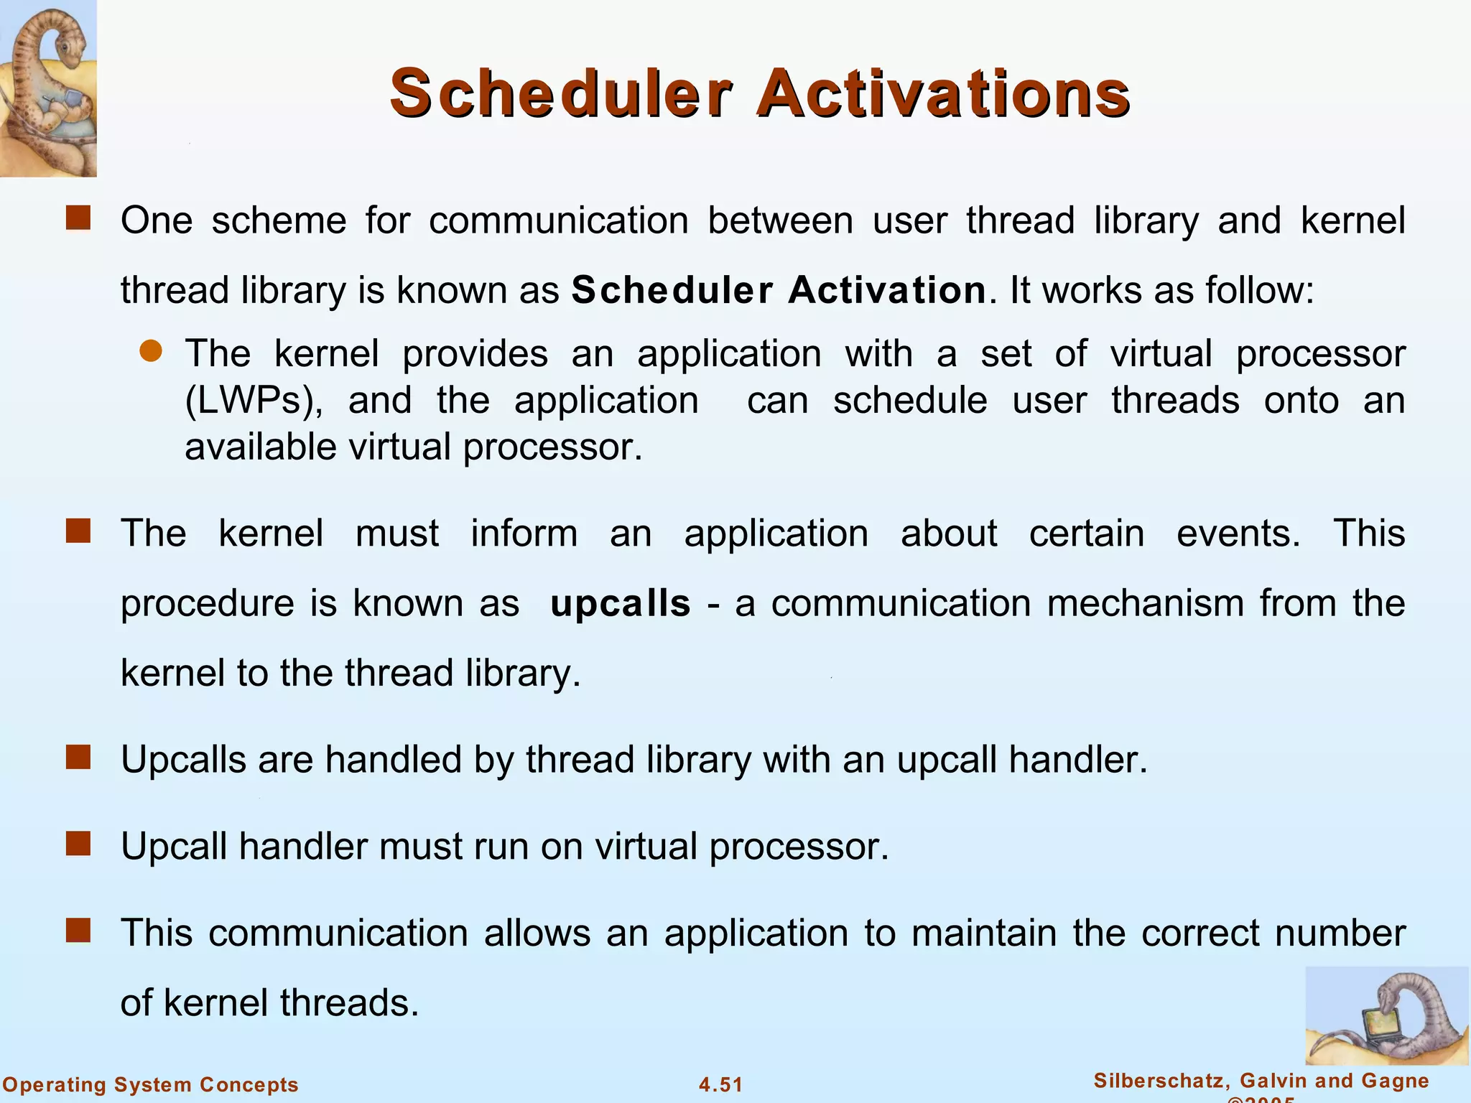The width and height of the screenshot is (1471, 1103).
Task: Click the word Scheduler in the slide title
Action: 561,93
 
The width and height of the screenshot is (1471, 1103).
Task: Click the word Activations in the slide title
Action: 943,93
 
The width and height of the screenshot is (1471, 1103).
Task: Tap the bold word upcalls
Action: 620,603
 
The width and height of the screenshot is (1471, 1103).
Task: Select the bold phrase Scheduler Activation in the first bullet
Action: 779,291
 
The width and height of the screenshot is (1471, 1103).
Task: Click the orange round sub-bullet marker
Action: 151,352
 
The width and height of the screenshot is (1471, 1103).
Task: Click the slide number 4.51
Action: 720,1084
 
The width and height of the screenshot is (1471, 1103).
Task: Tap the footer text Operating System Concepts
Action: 151,1084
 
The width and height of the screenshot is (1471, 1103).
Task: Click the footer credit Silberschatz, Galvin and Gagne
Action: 1261,1081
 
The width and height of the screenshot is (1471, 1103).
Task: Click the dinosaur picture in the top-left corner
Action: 48,88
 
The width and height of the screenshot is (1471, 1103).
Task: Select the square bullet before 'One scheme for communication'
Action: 78,218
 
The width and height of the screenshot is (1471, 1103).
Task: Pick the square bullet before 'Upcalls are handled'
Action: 78,758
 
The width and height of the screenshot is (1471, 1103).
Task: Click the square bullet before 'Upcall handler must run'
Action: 78,844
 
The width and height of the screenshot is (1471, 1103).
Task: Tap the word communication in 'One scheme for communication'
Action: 559,220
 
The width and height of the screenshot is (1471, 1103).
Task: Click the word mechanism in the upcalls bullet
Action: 1145,603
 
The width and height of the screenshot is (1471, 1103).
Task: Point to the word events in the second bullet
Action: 1238,534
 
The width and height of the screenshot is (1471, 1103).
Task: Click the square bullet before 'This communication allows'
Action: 78,931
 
